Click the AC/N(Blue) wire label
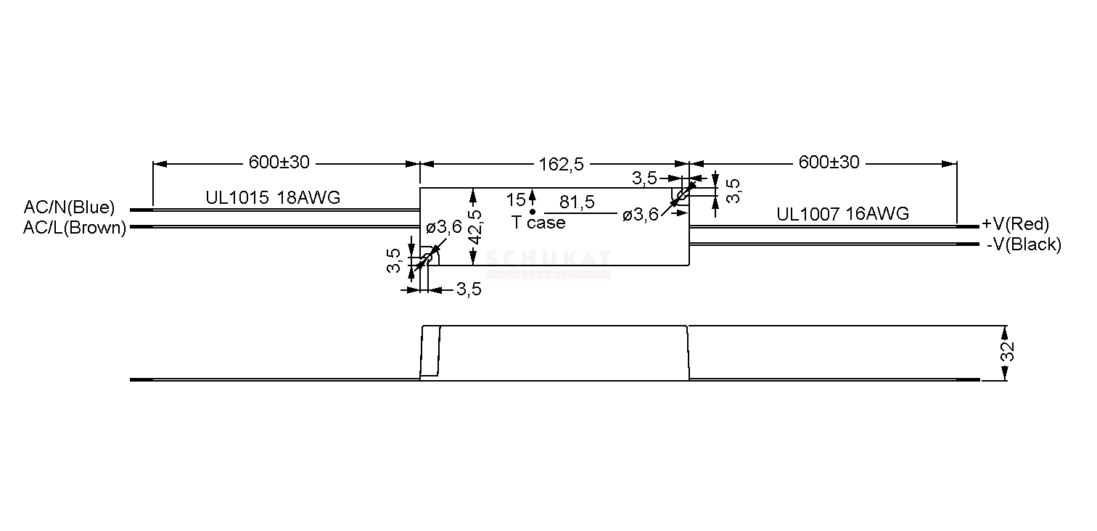(x=69, y=207)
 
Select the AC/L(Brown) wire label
(x=75, y=228)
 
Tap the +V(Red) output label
(x=1015, y=224)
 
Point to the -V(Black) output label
(x=1024, y=244)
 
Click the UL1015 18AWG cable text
(x=273, y=197)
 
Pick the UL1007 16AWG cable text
(x=843, y=213)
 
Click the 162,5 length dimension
(x=562, y=165)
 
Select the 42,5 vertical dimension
(x=474, y=227)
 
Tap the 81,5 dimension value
(x=577, y=202)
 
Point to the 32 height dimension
(x=1007, y=352)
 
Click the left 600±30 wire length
(x=279, y=162)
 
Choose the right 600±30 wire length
(x=829, y=162)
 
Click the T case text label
(x=538, y=223)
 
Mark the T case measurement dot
(x=533, y=212)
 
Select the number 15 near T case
(x=516, y=200)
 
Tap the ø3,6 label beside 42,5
(x=444, y=227)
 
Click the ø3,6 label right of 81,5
(x=641, y=215)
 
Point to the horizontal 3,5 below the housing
(x=469, y=289)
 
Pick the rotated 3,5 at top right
(x=733, y=191)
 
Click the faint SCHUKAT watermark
(x=548, y=258)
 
